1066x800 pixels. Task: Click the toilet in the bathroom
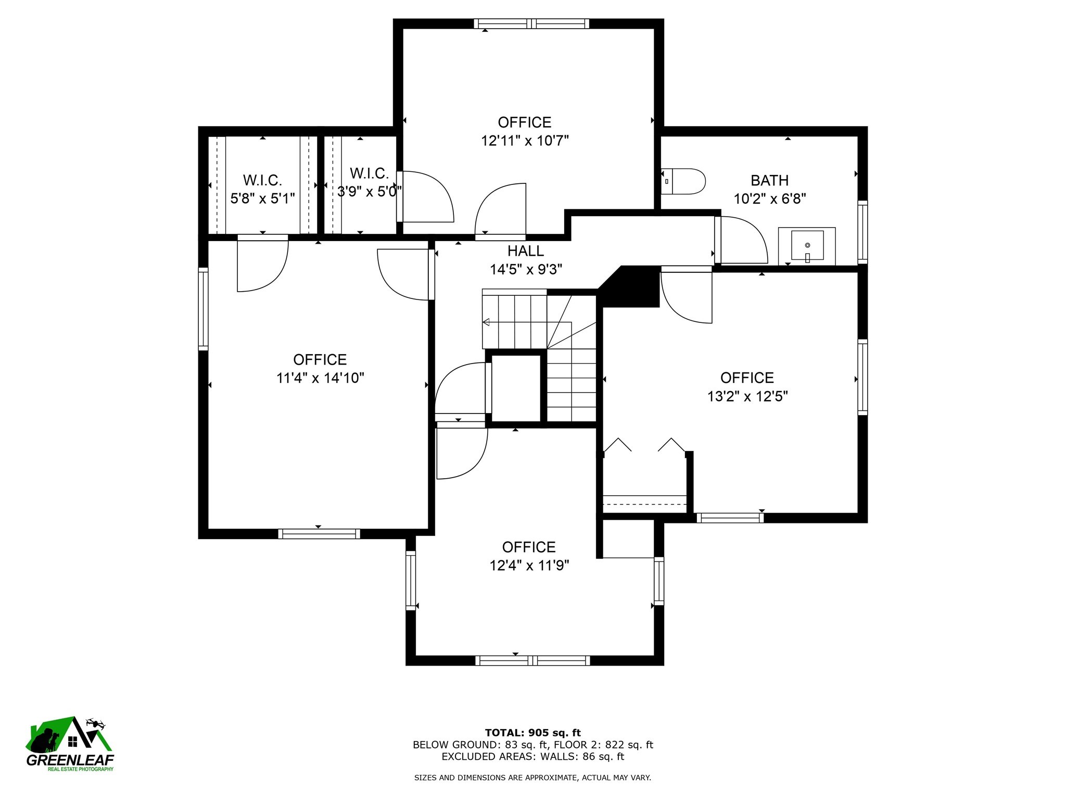tap(683, 181)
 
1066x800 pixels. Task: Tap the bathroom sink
tap(807, 246)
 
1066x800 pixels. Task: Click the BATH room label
tap(769, 181)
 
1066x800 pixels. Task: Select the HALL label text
tap(526, 251)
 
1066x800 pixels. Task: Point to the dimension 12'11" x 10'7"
tap(525, 141)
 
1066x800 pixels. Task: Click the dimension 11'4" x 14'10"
tap(320, 378)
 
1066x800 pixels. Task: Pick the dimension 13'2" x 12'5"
tap(747, 396)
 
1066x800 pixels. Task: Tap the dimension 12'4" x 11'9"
tap(529, 566)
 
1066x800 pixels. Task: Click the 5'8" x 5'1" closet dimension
tap(262, 198)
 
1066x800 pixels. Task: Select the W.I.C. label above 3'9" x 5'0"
tap(369, 173)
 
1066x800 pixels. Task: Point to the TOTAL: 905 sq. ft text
tap(533, 733)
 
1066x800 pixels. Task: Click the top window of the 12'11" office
tap(531, 23)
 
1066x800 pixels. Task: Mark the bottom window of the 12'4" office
tap(532, 660)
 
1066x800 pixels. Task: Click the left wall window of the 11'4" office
tap(203, 309)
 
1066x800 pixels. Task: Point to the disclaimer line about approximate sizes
tap(532, 778)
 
